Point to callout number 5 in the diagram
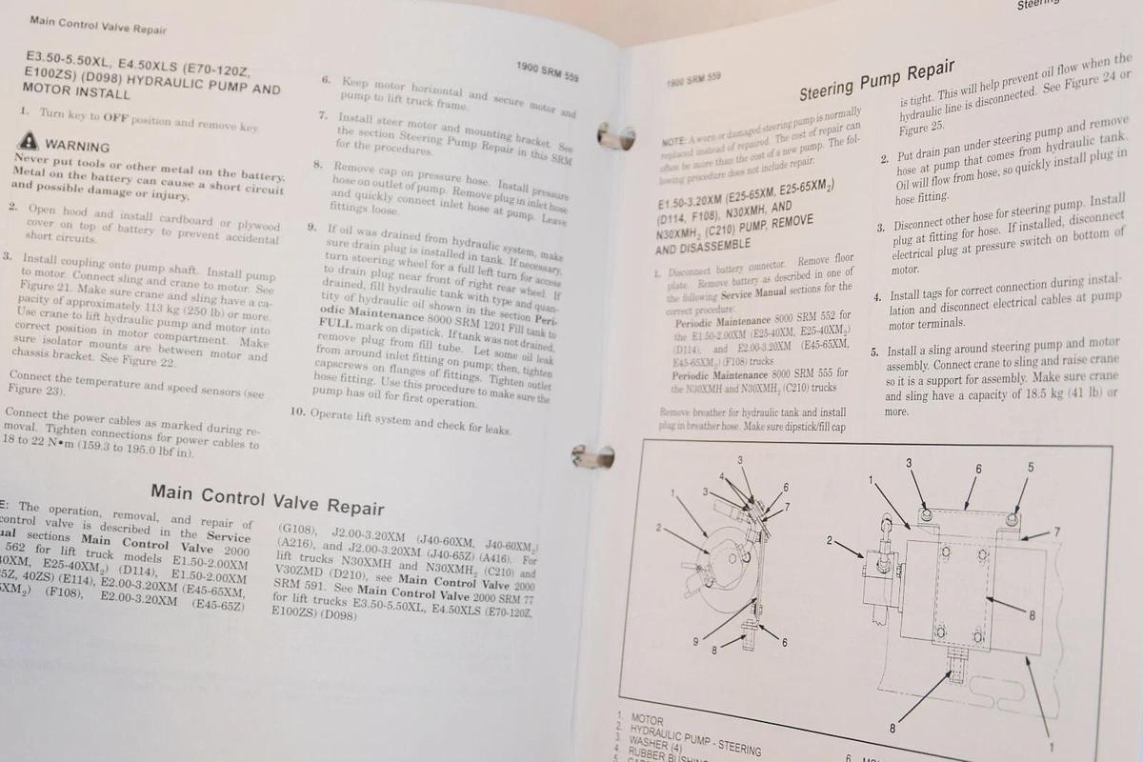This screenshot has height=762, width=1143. click(1030, 467)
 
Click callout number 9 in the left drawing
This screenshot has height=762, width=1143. click(696, 640)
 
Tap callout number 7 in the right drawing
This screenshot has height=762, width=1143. click(1056, 531)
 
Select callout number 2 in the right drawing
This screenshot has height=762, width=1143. click(829, 541)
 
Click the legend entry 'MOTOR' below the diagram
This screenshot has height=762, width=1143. click(647, 721)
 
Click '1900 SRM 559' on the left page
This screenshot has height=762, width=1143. click(547, 70)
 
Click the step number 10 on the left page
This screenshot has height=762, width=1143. click(298, 412)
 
